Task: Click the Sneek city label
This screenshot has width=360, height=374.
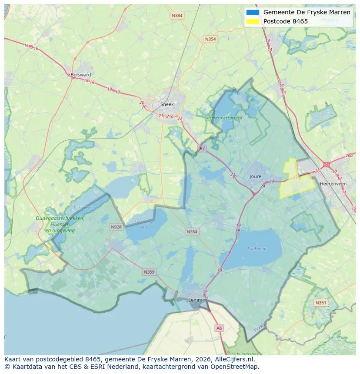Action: tap(167, 104)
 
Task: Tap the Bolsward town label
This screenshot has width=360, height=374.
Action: tap(80, 75)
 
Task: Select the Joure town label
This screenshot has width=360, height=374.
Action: tap(256, 176)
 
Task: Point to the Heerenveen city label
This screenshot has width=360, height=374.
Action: tap(333, 184)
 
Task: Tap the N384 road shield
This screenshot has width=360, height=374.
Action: tap(177, 16)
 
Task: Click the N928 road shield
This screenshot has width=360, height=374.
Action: tap(116, 227)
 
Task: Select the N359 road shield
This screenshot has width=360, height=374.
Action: tap(149, 272)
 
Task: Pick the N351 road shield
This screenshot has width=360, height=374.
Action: tap(321, 303)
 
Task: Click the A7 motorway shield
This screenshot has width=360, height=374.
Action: tap(202, 149)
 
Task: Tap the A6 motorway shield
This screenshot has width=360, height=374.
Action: tap(219, 328)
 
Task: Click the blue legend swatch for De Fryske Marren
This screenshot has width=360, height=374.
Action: tap(253, 12)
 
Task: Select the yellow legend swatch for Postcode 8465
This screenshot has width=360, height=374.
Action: tap(253, 21)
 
